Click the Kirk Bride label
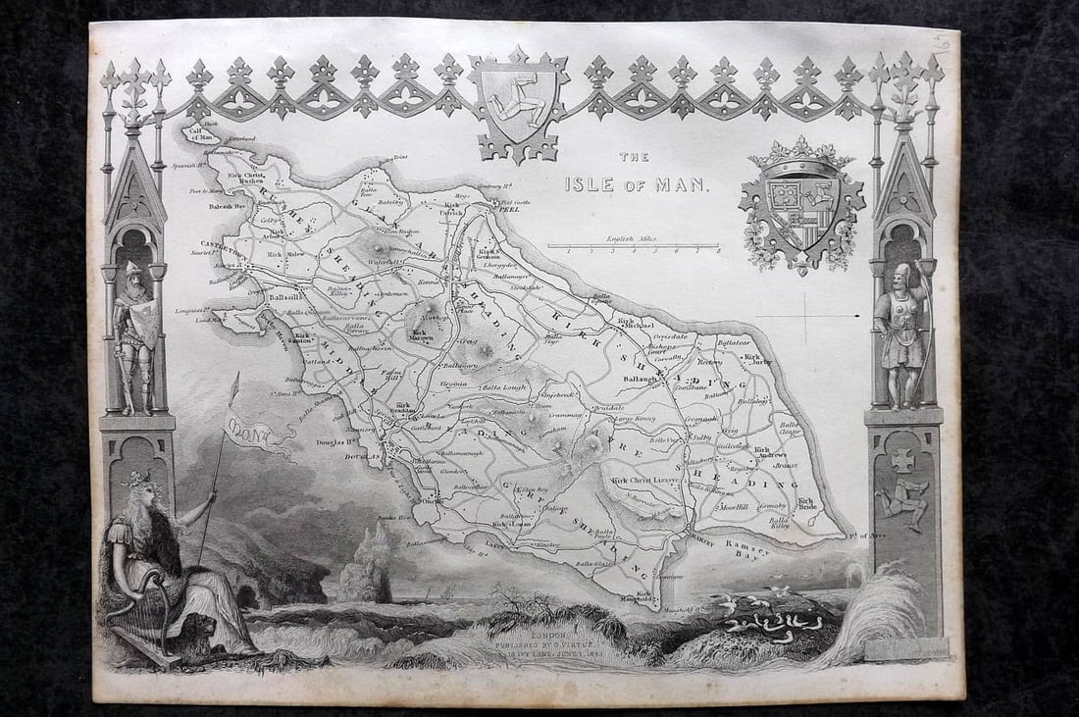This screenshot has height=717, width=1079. coord(805,504)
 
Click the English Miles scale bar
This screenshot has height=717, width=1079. coord(633,246)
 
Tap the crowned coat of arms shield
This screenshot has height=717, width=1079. coord(802,206)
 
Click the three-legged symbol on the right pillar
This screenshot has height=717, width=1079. coord(903,503)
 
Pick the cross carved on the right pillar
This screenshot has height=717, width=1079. coord(903,459)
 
